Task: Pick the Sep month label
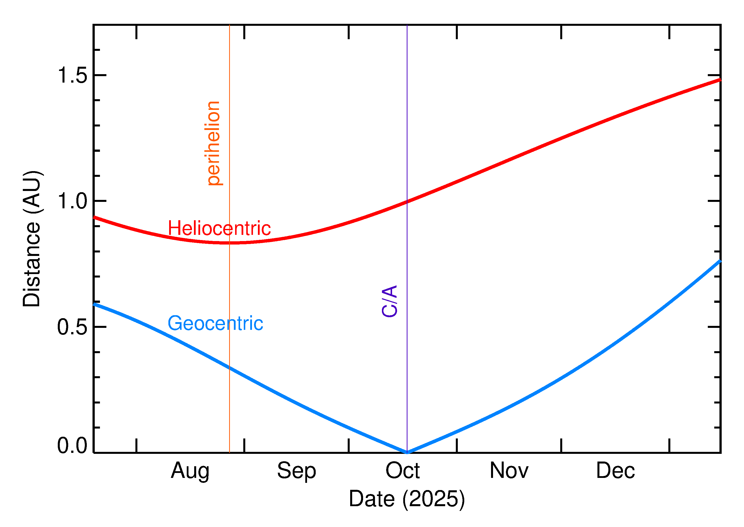tap(296, 471)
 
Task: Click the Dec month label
tap(615, 471)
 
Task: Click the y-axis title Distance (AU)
tap(32, 239)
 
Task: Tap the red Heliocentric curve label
tap(219, 228)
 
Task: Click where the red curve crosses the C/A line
tap(407, 202)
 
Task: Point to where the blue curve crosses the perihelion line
tap(229, 368)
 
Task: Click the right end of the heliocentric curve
tap(720, 80)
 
